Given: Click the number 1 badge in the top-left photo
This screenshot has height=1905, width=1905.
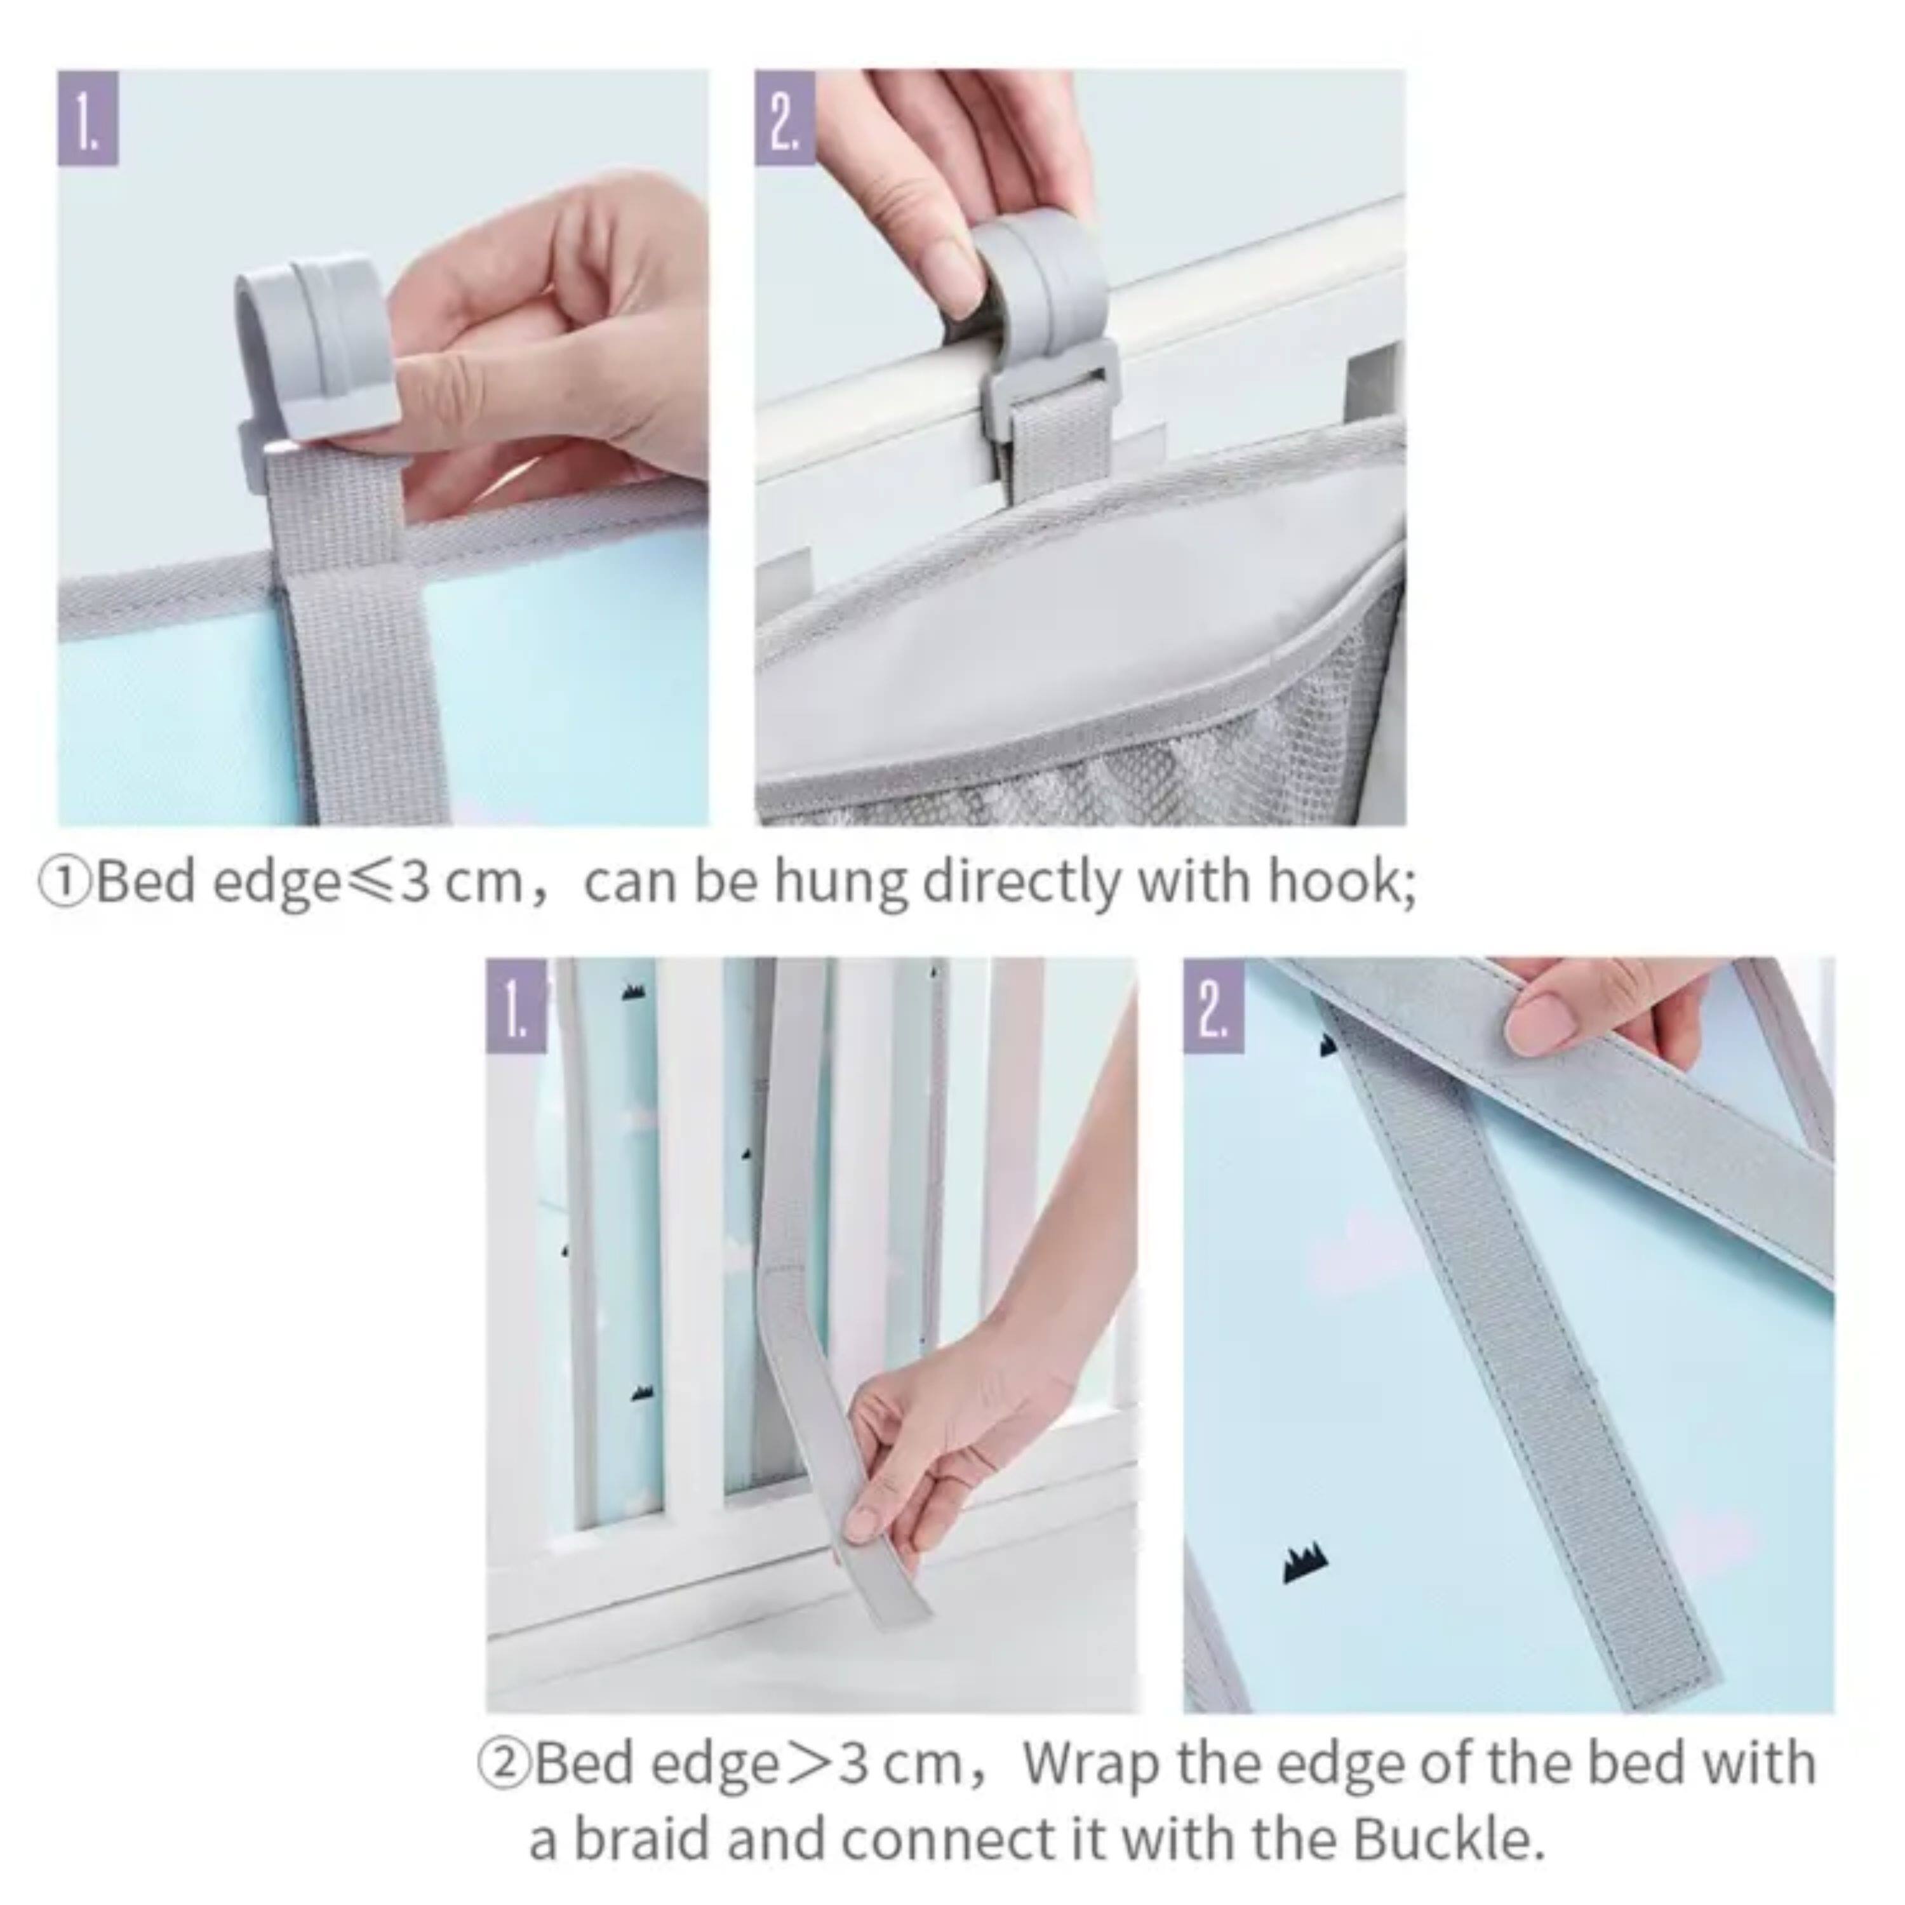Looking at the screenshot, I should [x=88, y=117].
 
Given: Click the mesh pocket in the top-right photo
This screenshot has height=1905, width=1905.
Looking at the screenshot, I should [x=1134, y=749].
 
